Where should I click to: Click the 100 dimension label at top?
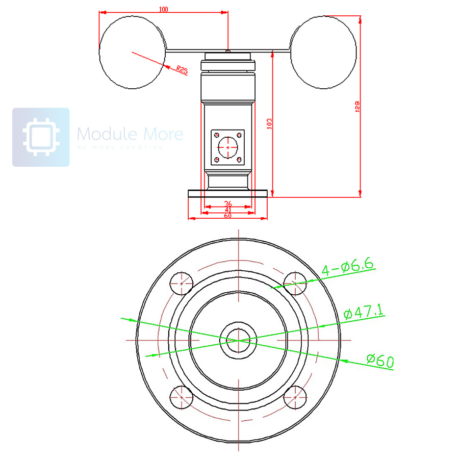[164, 9]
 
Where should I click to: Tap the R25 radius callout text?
[181, 70]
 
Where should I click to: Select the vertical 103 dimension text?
[270, 123]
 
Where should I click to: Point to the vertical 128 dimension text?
[357, 106]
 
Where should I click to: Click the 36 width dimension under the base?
[228, 203]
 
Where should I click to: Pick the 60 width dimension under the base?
[228, 216]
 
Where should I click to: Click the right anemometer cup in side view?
[323, 52]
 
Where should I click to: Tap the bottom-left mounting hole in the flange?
[182, 397]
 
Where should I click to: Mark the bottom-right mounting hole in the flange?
[295, 397]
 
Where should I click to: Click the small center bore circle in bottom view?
[238, 340]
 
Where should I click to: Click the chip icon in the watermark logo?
[41, 137]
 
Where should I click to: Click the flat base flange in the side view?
[228, 193]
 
